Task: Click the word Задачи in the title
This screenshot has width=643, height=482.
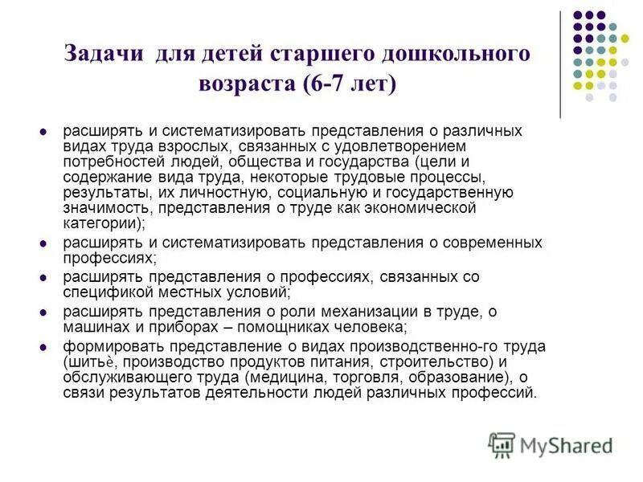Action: pyautogui.click(x=104, y=55)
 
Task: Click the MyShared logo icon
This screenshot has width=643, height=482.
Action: pyautogui.click(x=502, y=445)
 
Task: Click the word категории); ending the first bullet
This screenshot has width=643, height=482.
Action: pyautogui.click(x=105, y=223)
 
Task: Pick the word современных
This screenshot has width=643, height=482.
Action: pyautogui.click(x=492, y=243)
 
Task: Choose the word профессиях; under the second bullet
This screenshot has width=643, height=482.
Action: pyautogui.click(x=110, y=258)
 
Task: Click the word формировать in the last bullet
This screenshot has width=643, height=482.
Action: pyautogui.click(x=104, y=346)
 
